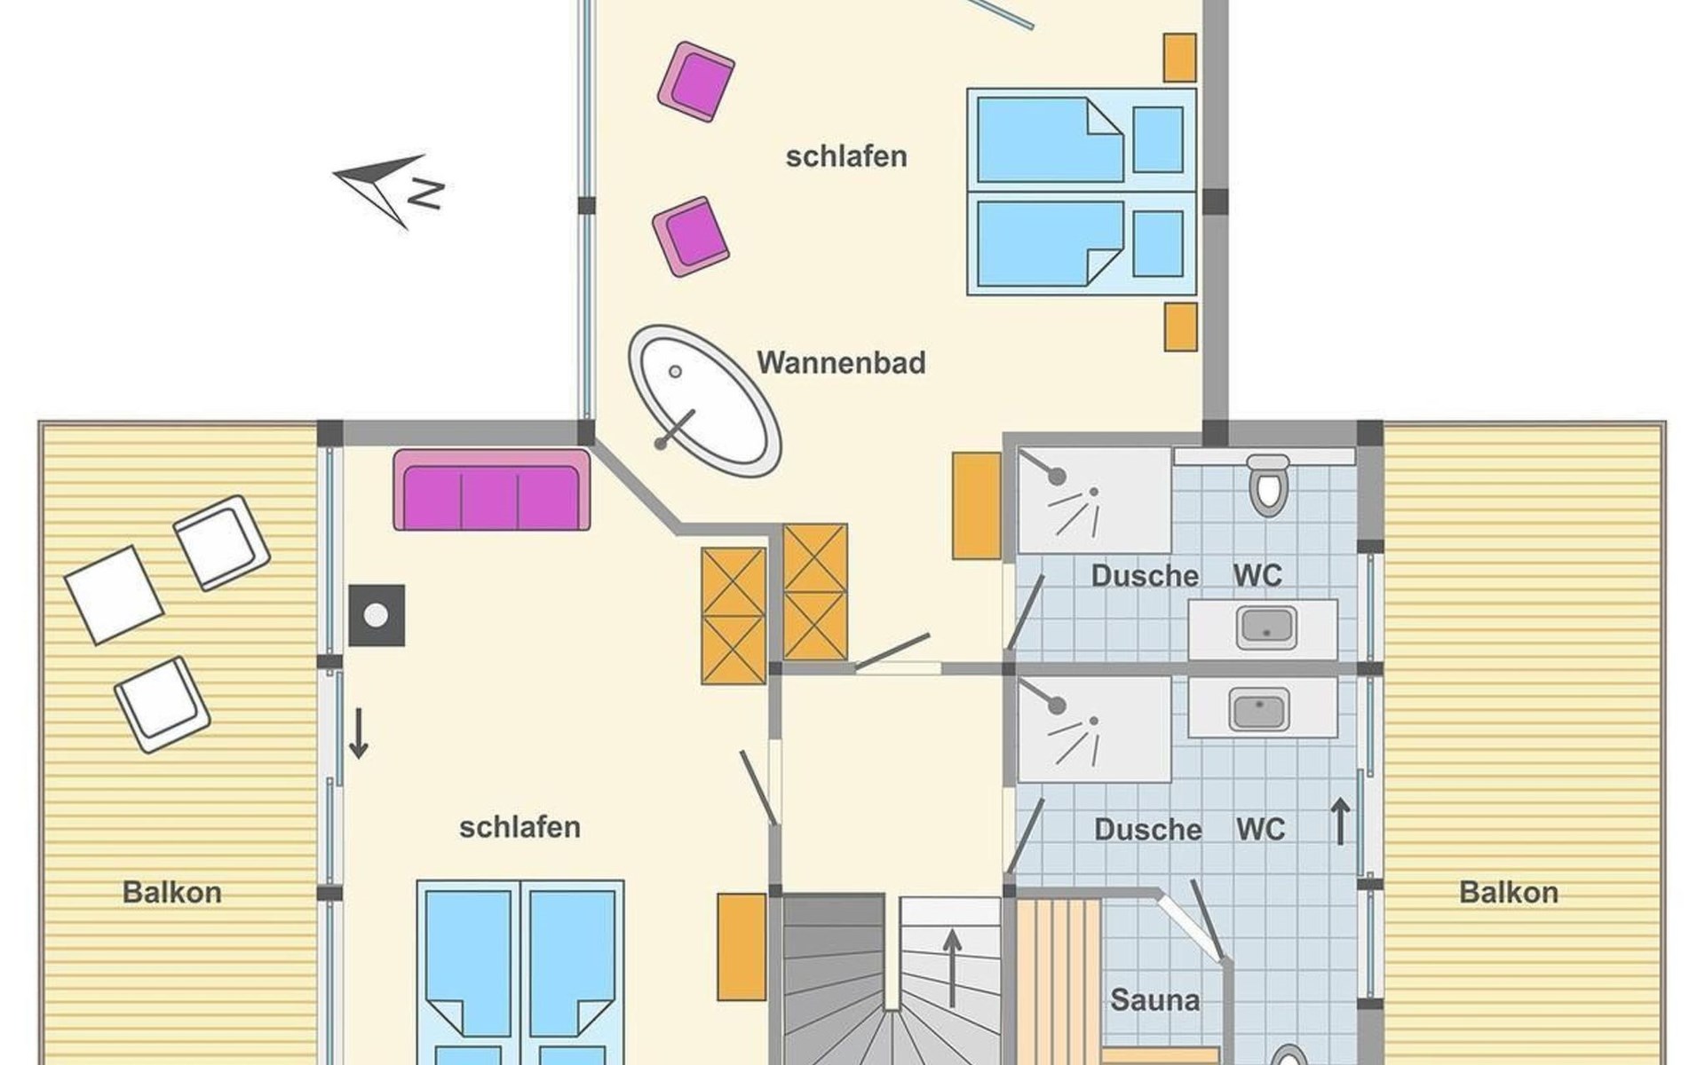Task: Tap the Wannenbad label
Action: point(841,363)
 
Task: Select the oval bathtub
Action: point(705,401)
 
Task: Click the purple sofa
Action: point(492,490)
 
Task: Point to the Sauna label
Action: point(1154,1000)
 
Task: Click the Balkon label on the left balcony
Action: point(172,892)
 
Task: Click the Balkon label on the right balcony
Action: point(1509,892)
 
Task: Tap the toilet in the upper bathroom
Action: point(1268,485)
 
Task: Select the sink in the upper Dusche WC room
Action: point(1266,627)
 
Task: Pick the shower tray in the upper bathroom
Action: point(1094,501)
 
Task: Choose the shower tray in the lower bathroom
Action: point(1094,730)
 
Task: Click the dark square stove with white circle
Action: point(377,615)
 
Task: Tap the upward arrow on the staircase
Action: point(952,967)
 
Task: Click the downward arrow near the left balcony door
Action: point(358,733)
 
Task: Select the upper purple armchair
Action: point(696,82)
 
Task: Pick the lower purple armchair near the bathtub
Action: point(691,237)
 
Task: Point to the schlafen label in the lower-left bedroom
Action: point(519,827)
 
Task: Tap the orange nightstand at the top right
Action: point(1180,58)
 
